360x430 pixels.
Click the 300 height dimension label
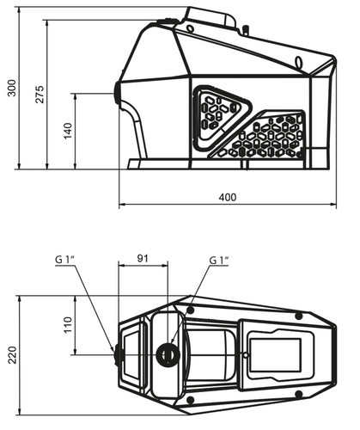(12, 88)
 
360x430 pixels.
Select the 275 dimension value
(40, 94)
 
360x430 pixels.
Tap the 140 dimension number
(68, 131)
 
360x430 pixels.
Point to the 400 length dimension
(228, 197)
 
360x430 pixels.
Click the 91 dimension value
(143, 258)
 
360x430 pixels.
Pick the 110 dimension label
(68, 325)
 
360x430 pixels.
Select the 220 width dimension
(12, 355)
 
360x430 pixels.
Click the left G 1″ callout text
(65, 260)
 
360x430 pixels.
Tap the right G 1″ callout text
(219, 261)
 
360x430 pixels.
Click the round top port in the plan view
(168, 355)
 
